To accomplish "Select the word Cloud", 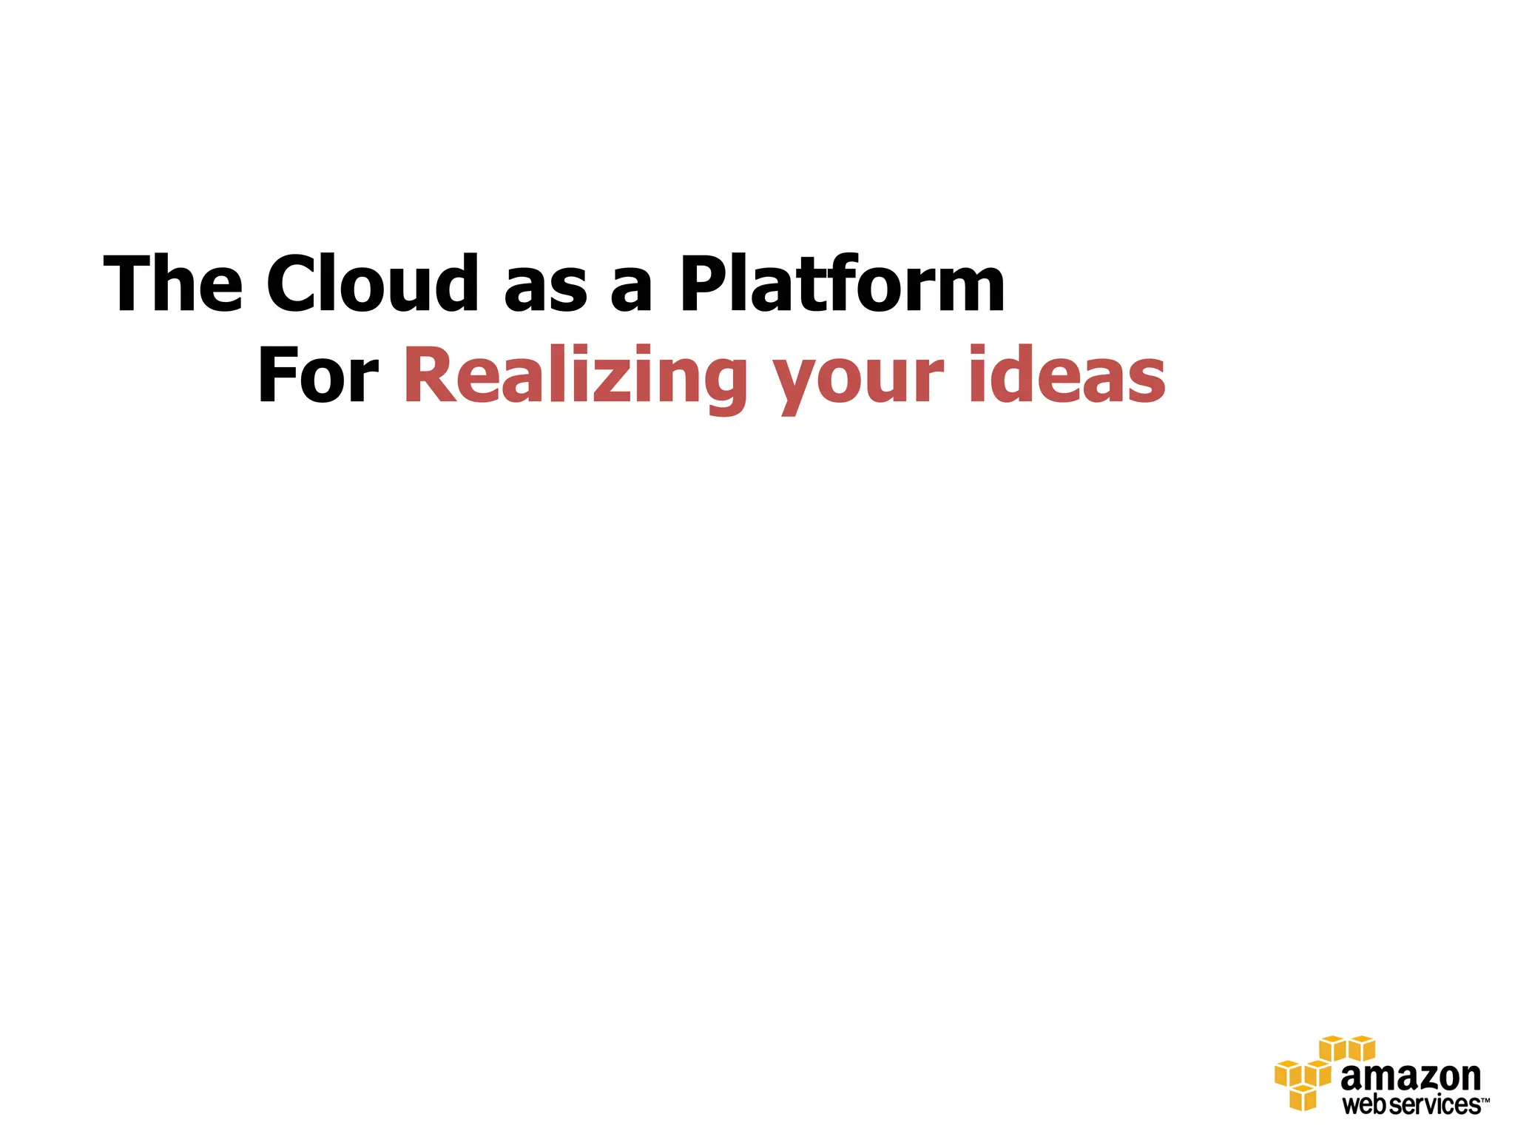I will pos(372,284).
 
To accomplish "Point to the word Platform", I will pos(842,284).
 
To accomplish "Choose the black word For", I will pos(317,376).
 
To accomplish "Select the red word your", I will pos(858,381).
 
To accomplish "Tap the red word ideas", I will pos(1067,376).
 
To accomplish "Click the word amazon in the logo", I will pos(1410,1077).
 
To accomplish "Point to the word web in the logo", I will pos(1365,1105).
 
